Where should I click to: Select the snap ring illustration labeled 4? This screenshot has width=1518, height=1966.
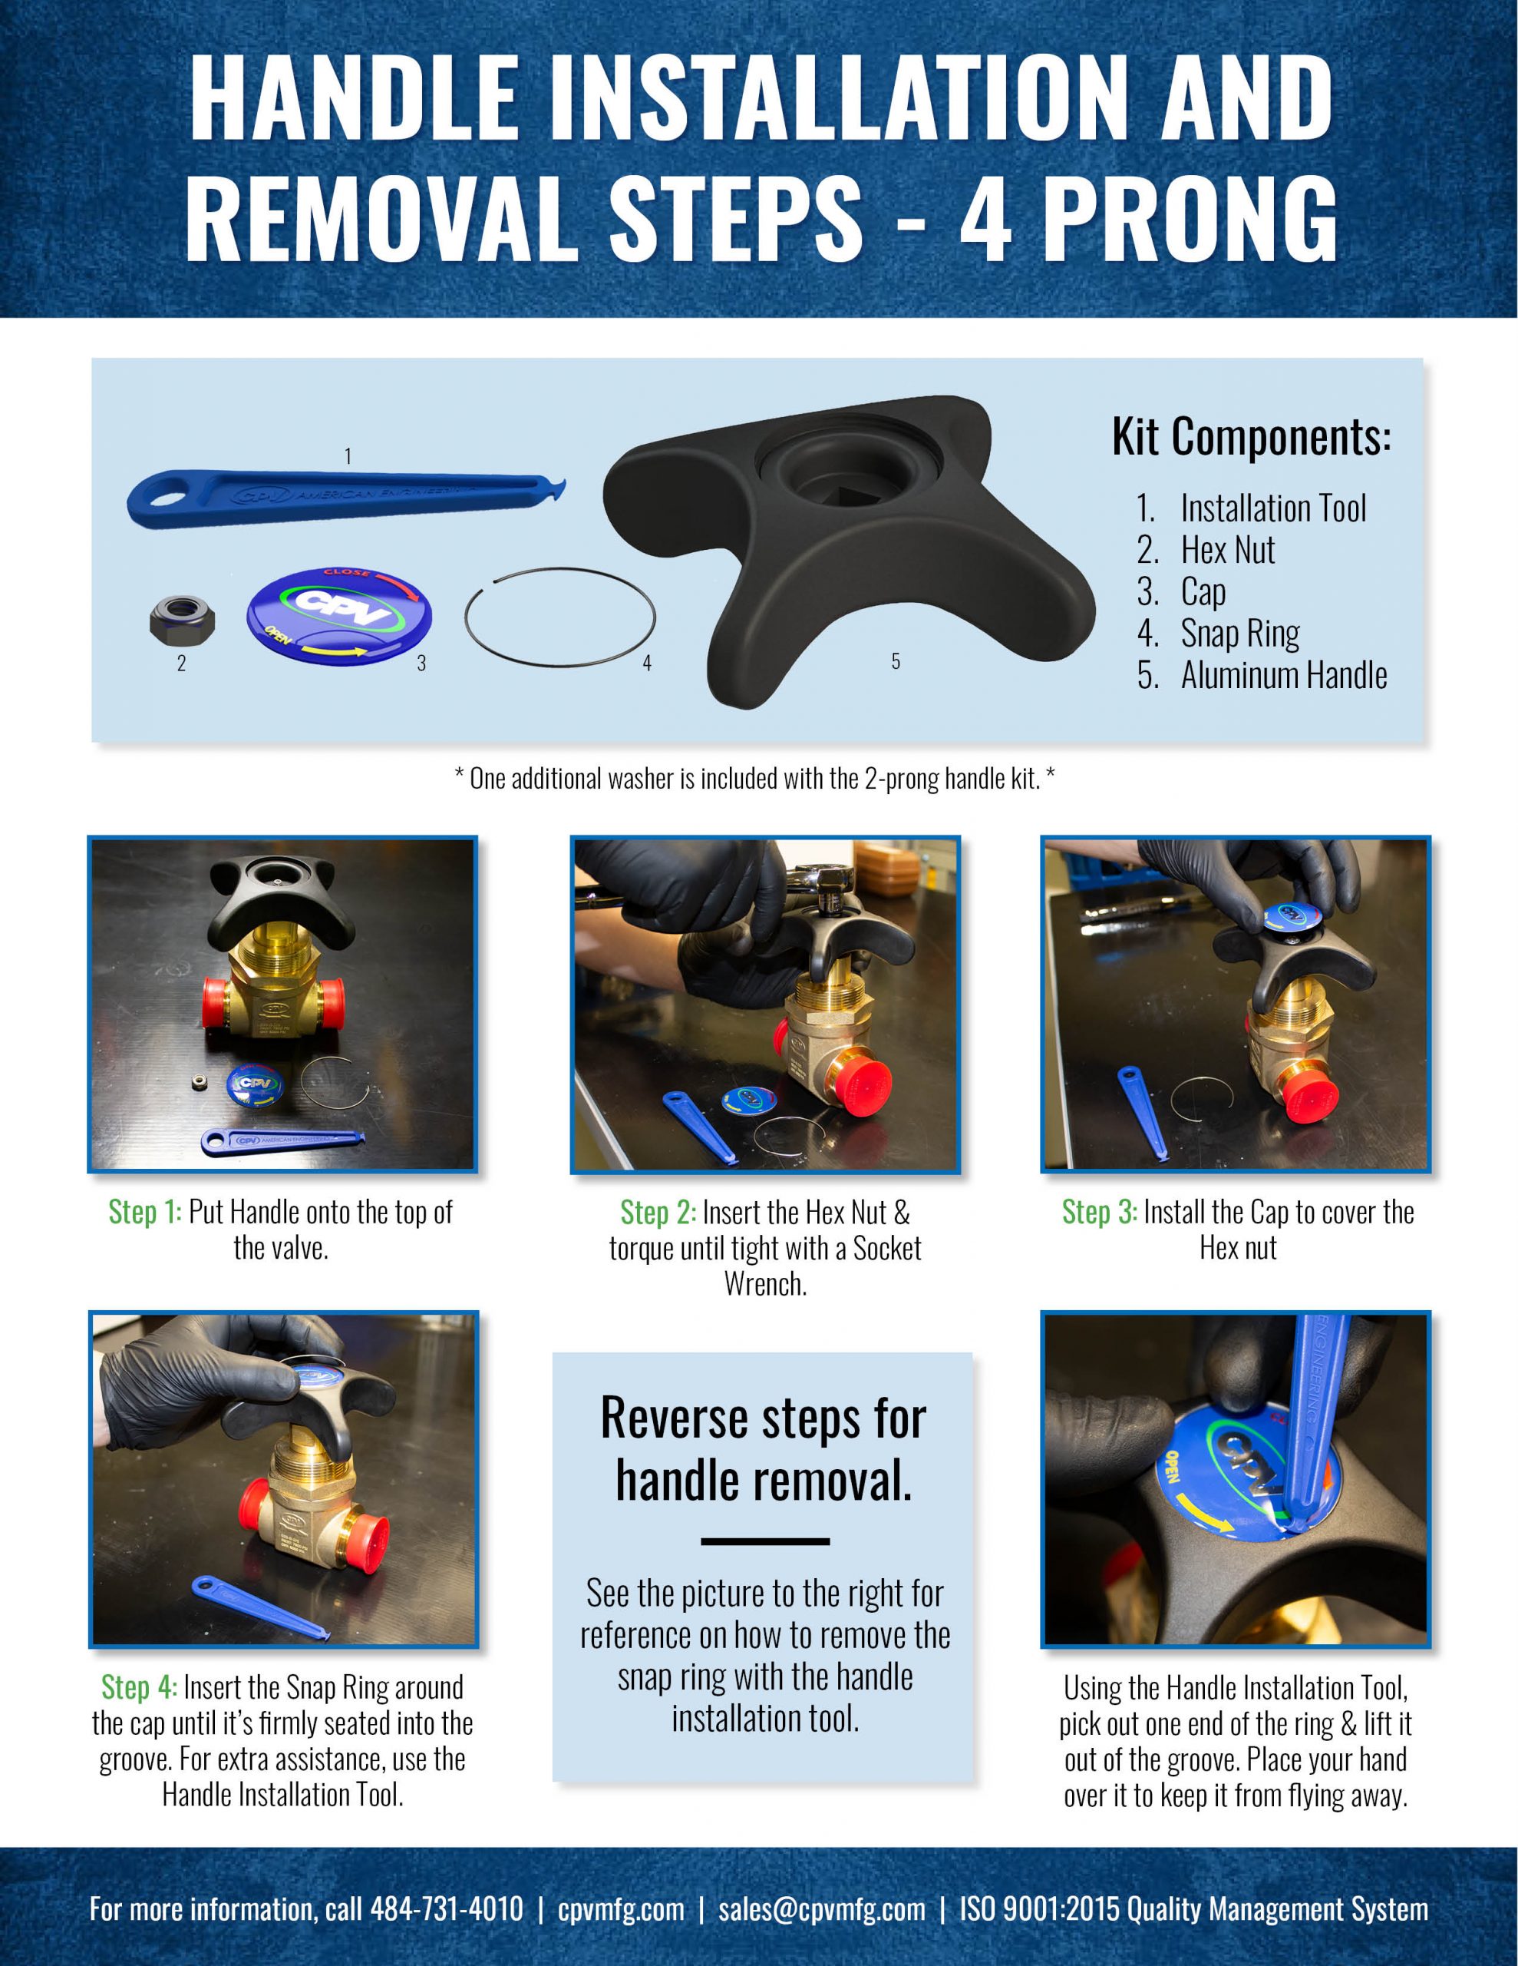pos(559,618)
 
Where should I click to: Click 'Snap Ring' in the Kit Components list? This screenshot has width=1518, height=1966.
pos(1239,634)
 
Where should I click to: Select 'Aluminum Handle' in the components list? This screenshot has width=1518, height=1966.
pos(1283,675)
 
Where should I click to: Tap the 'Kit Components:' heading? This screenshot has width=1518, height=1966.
pos(1251,439)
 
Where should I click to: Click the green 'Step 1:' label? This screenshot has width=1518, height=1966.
pos(145,1213)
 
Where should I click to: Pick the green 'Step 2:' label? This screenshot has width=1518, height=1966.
pos(658,1213)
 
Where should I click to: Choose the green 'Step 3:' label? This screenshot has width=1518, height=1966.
pos(1099,1213)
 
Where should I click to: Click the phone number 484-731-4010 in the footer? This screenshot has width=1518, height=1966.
pos(447,1909)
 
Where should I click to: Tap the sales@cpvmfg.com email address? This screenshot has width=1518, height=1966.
pos(820,1909)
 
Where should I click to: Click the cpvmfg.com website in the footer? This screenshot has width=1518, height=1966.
pos(620,1909)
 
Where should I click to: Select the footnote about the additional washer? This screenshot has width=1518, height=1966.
pos(754,779)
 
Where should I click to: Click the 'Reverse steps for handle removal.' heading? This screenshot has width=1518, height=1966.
pos(763,1449)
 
